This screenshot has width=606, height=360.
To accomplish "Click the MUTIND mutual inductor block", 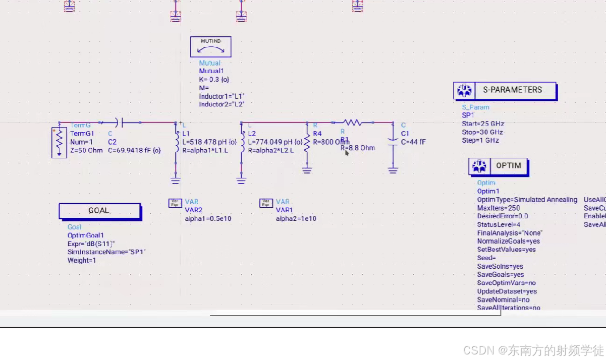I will (210, 47).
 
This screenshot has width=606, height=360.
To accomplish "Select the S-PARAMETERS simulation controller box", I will (505, 91).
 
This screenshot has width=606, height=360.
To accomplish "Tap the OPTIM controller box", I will (498, 166).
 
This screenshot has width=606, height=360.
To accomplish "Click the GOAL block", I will (99, 211).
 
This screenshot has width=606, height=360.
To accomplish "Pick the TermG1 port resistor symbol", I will (59, 143).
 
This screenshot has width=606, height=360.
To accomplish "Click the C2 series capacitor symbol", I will (119, 122).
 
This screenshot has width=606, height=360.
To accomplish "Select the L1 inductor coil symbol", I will (176, 139).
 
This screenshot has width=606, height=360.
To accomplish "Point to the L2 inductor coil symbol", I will (242, 139).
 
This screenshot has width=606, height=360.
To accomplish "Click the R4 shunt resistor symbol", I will (307, 143).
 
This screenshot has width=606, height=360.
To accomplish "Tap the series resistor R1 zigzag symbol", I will (353, 122).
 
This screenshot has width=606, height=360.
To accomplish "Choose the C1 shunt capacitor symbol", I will (393, 142).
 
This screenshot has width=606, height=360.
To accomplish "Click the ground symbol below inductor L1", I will (176, 180).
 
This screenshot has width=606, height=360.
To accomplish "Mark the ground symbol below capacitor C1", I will (393, 170).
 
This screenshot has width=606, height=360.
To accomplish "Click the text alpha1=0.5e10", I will (208, 219).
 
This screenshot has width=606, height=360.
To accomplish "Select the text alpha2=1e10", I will (296, 219).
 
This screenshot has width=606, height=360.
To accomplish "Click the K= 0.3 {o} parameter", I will (214, 80).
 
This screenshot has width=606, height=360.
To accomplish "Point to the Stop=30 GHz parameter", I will (482, 132).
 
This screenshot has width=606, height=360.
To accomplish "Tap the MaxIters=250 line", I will (499, 208).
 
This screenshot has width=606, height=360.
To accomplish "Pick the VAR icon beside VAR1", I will (266, 203).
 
